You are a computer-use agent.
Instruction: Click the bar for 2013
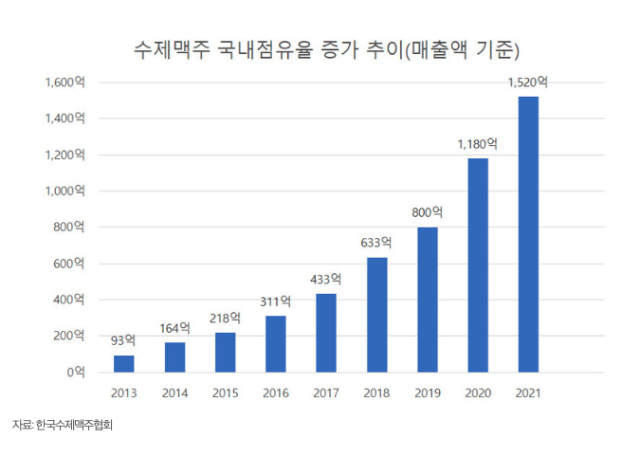coord(123,363)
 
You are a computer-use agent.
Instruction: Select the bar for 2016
coord(275,343)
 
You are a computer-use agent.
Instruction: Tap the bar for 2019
coord(427,299)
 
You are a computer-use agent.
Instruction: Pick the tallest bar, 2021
coord(528,233)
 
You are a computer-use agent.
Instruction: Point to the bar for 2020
coord(478,264)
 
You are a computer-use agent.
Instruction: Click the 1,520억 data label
coord(528,82)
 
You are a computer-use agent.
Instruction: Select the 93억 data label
coord(123,338)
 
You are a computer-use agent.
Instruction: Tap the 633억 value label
coord(376,243)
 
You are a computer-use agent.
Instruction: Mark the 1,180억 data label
coord(478,144)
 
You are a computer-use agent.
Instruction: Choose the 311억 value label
coord(275,301)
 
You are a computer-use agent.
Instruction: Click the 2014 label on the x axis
coord(174,392)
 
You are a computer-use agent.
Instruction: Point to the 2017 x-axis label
coord(326,392)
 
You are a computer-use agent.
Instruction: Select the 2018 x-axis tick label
coord(376,392)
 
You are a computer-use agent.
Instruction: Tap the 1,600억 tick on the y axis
coord(64,82)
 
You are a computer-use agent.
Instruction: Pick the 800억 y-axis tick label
coord(70,228)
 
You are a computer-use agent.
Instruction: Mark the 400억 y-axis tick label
coord(70,300)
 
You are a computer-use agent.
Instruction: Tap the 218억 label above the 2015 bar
coord(225,318)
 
